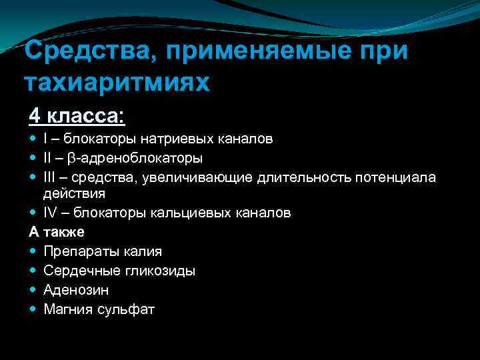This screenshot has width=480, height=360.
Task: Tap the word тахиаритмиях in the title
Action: pos(116,82)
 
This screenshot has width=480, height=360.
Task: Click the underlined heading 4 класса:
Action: pos(76,115)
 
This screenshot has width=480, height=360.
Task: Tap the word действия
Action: pos(74,193)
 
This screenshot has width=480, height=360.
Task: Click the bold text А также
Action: pos(57,232)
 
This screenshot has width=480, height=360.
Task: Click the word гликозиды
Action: pos(163,271)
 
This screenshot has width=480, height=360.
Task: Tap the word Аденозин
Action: pos(76,290)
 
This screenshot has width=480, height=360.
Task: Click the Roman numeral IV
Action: pos(51,213)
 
